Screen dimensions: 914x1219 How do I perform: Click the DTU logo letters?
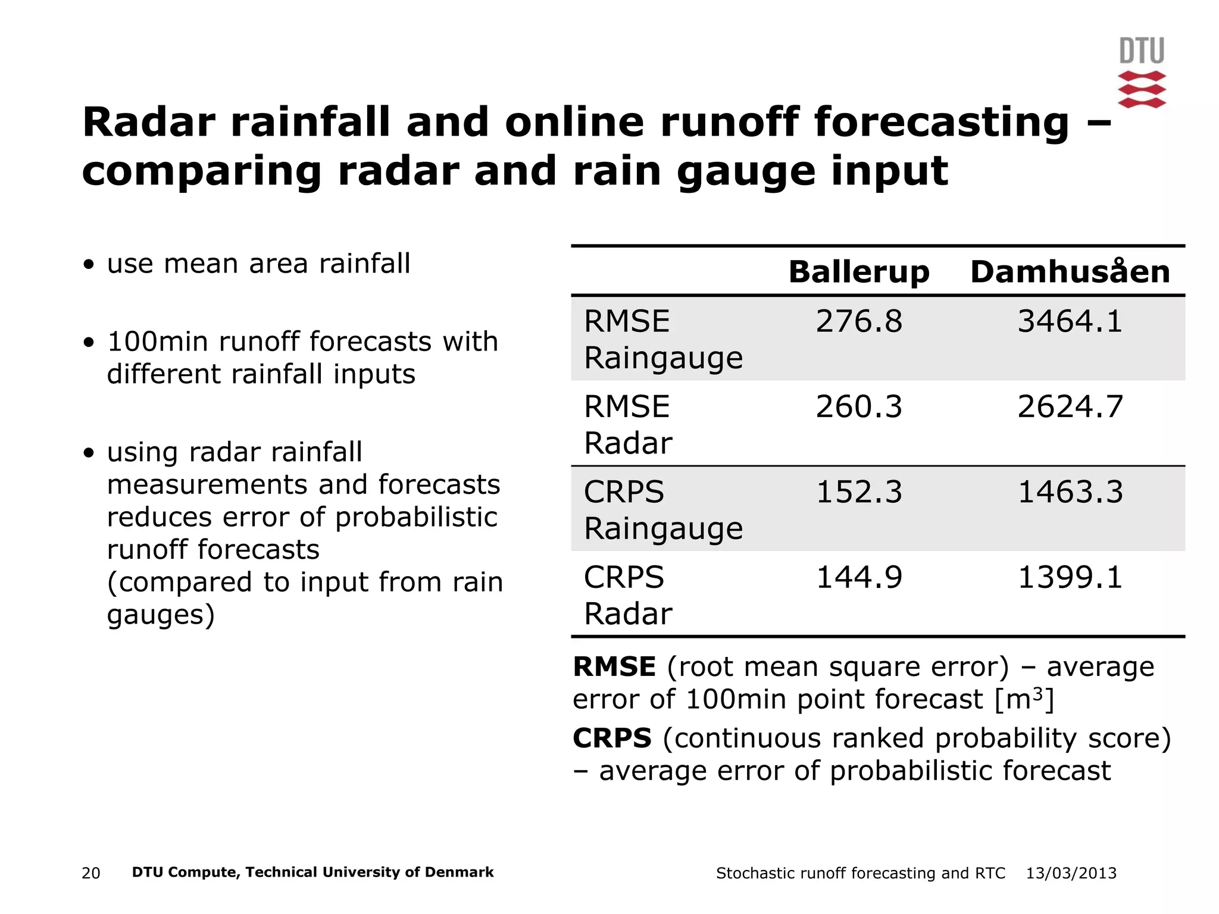(x=1142, y=51)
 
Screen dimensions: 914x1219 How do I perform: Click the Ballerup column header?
(x=858, y=272)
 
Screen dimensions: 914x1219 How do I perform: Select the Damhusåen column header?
(x=1070, y=272)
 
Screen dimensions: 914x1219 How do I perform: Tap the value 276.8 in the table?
(x=858, y=321)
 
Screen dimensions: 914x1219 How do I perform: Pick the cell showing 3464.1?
(x=1070, y=321)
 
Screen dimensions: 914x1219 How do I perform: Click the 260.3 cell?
(x=858, y=407)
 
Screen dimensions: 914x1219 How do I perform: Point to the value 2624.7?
(x=1070, y=407)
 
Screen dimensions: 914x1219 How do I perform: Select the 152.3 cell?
(x=858, y=492)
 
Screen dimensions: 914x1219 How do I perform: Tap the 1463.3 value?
(x=1070, y=492)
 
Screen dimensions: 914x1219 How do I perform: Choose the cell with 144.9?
(x=858, y=577)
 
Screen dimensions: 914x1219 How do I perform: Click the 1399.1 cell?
(x=1070, y=577)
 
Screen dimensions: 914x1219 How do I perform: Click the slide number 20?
(x=90, y=873)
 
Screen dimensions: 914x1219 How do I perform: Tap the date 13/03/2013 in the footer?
(x=1071, y=873)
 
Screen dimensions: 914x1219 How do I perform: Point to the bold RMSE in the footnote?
(x=614, y=666)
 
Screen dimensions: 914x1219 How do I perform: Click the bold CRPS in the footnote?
(x=612, y=738)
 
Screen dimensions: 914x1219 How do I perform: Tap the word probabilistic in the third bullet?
(x=416, y=517)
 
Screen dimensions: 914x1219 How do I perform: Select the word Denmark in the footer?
(x=462, y=872)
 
